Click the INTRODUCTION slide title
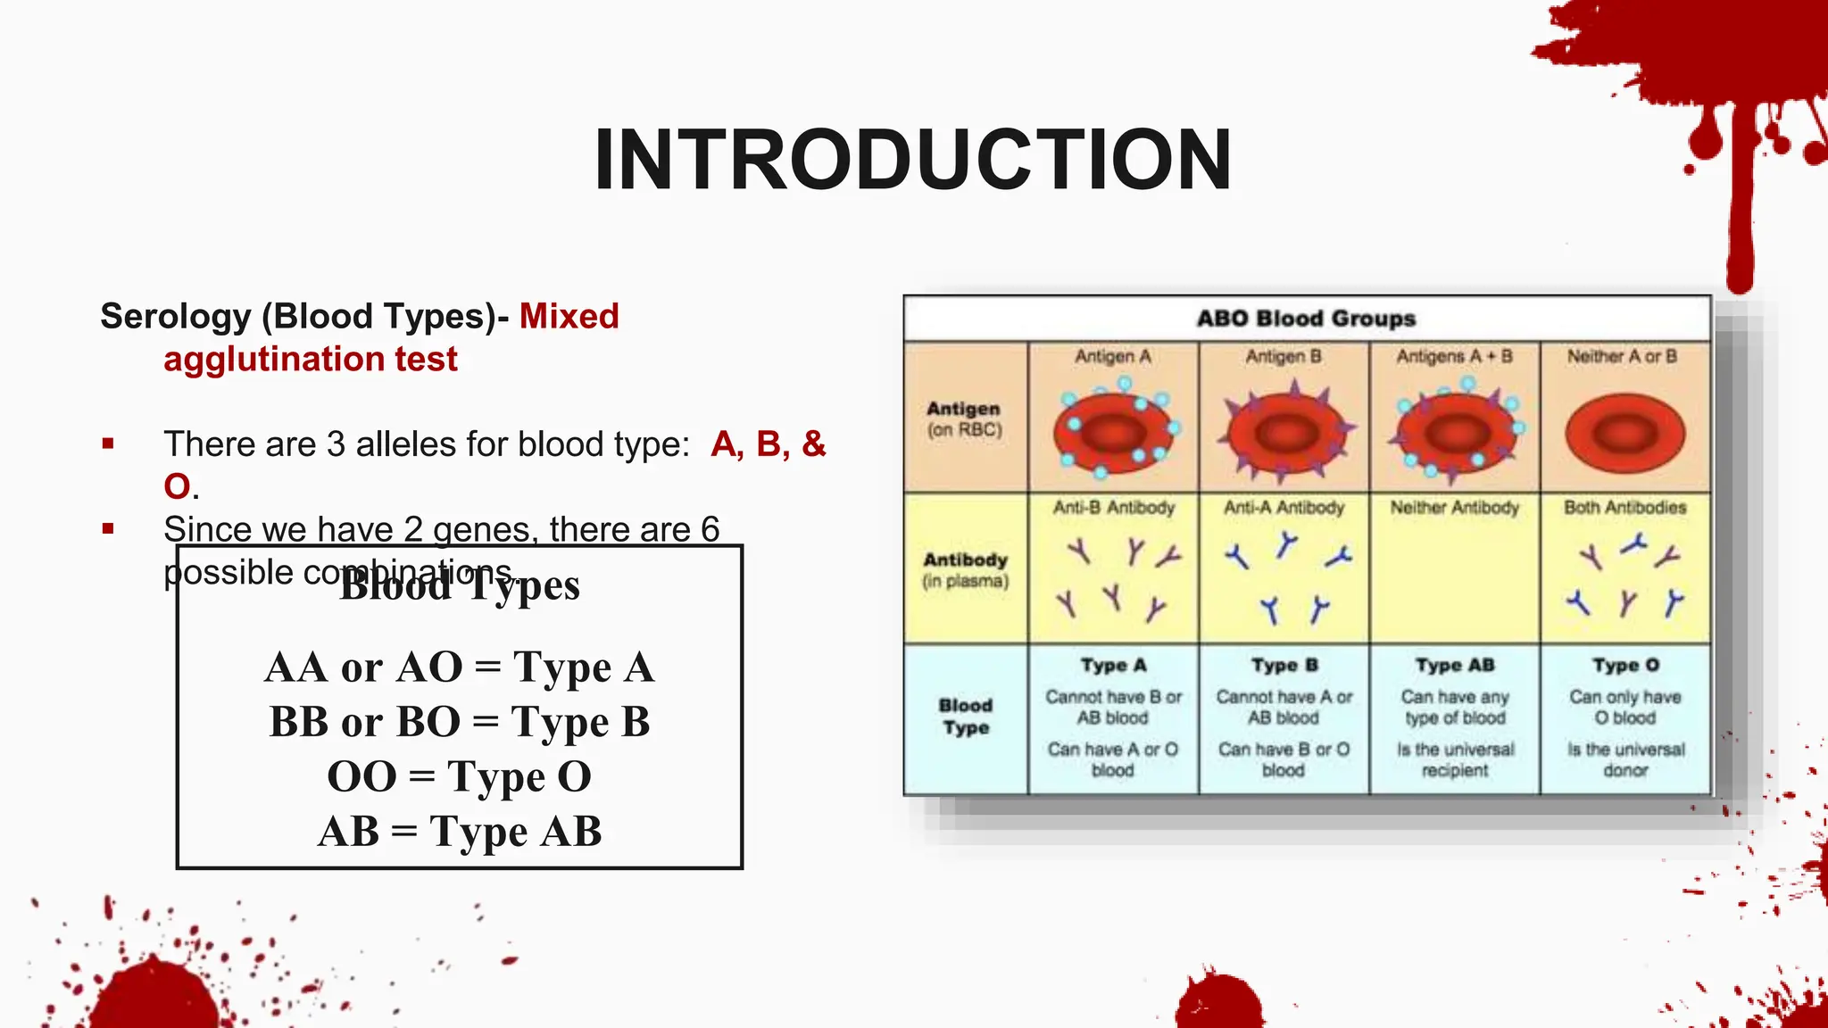coord(912,161)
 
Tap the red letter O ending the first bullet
coord(177,487)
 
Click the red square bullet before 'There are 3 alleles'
coord(108,444)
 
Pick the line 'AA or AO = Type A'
coord(460,667)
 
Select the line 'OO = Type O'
coord(460,776)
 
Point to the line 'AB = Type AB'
coord(460,832)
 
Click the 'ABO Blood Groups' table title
coord(1306,319)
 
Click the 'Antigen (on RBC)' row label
coord(964,419)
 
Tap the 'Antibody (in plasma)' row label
coord(965,569)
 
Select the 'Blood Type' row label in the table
coord(965,717)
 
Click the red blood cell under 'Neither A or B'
coord(1624,434)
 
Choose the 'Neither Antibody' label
coord(1454,508)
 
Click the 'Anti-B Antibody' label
coord(1113,508)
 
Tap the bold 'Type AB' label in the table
coord(1454,666)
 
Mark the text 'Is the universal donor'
coord(1625,759)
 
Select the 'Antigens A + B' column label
coord(1454,357)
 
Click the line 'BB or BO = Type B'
coord(460,722)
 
